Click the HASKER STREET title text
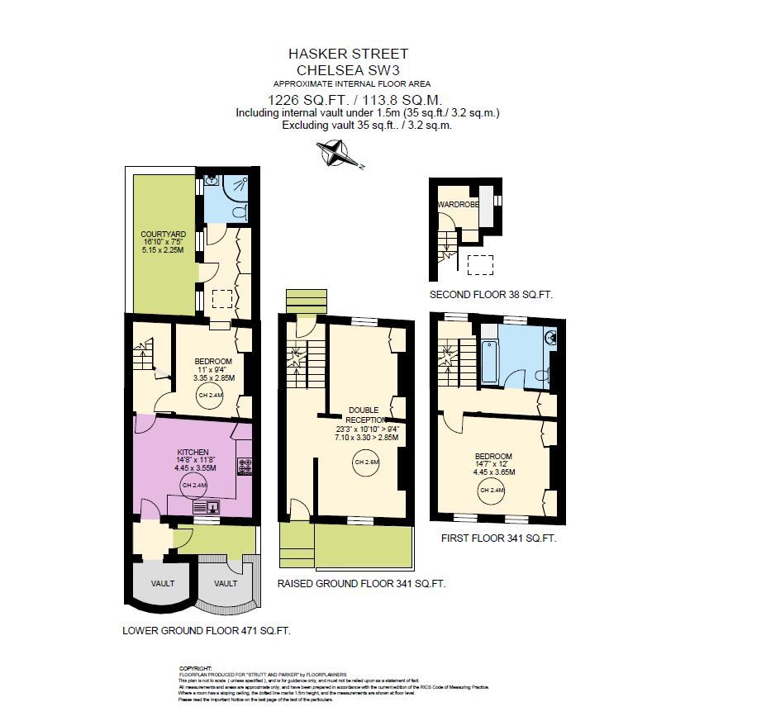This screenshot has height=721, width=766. (347, 54)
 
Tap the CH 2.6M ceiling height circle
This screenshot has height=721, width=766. (366, 462)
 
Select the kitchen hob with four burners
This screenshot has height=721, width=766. (244, 467)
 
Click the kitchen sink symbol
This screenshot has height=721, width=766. (211, 508)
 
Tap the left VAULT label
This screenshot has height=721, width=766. (162, 583)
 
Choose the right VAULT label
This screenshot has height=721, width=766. (226, 583)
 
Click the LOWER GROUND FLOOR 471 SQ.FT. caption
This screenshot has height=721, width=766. (206, 630)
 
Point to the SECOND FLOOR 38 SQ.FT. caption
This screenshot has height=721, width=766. (490, 295)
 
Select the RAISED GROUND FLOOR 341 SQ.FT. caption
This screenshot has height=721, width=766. (361, 583)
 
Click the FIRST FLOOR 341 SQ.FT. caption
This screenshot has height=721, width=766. (492, 538)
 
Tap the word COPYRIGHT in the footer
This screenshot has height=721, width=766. (196, 668)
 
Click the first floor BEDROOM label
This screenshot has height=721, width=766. (493, 456)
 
